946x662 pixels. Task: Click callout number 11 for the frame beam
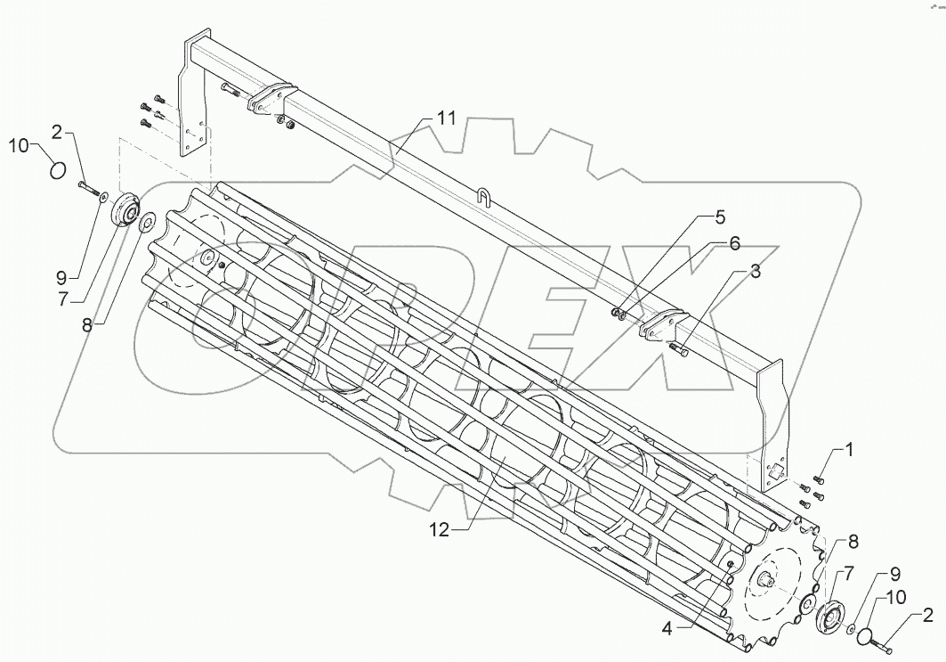coord(447,119)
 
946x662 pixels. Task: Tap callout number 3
coord(754,273)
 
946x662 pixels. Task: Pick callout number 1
coord(847,451)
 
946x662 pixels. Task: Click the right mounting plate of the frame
coord(771,428)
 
